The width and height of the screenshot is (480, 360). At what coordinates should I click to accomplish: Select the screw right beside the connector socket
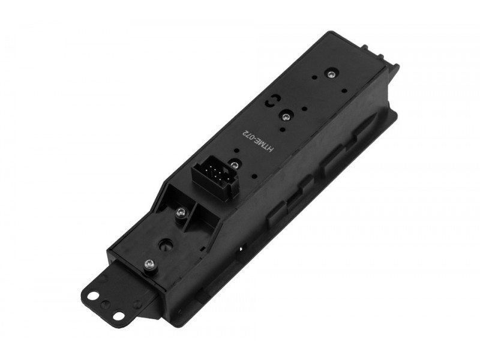[x=235, y=164]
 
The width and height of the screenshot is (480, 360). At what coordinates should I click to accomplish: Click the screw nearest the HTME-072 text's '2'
[x=286, y=116]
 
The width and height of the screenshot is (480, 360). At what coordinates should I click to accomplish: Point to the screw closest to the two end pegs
[x=331, y=74]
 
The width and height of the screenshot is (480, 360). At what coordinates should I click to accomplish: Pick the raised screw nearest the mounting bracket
[x=149, y=264]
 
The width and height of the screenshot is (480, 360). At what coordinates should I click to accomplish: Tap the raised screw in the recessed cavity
[x=181, y=212]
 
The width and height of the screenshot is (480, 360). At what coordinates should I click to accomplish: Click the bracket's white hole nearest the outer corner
[x=118, y=315]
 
